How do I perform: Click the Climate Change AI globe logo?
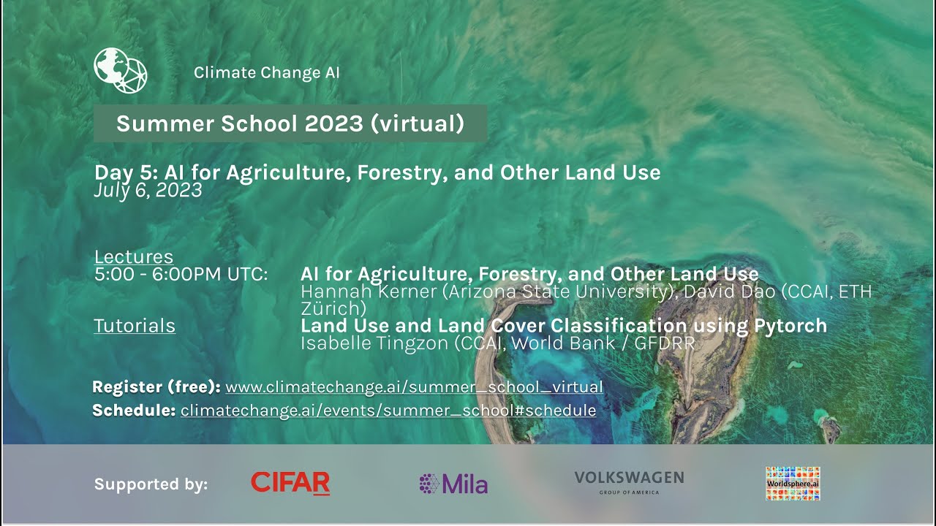point(121,71)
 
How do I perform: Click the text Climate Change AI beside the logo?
point(266,73)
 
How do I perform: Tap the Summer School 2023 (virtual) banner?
point(290,123)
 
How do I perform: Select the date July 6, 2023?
point(148,190)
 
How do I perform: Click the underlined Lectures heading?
point(134,257)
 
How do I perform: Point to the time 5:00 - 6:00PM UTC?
point(181,275)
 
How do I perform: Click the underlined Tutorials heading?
point(135,326)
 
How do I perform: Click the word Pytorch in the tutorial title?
point(790,326)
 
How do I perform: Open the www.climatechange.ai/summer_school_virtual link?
point(414,387)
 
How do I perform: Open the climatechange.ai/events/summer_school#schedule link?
point(388,411)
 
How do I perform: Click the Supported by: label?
point(151,484)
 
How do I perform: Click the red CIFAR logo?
point(290,483)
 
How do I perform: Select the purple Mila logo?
point(453,484)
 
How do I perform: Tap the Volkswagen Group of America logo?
point(629,482)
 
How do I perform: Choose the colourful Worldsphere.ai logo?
point(793,484)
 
